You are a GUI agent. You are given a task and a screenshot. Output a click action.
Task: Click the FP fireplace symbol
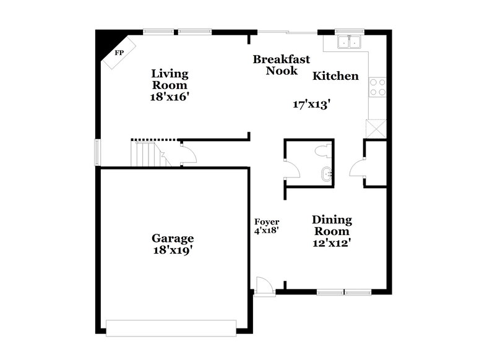pos(116,53)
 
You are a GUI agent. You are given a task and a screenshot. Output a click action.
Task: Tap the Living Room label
pos(170,79)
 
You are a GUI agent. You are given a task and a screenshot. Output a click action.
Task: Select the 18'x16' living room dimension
pos(170,97)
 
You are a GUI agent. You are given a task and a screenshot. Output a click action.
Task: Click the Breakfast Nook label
pos(282,65)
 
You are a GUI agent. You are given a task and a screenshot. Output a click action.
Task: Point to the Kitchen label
pos(335,76)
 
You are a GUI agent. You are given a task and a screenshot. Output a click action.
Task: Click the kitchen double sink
pos(350,42)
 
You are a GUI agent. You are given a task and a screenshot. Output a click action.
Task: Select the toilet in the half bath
pos(321,150)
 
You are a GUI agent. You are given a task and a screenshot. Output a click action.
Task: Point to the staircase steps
pos(146,153)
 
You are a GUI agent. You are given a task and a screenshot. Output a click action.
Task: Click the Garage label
pos(173,238)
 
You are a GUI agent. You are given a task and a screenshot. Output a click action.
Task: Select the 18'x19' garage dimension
pos(173,251)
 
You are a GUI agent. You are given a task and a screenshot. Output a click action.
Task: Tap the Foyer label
pos(267,221)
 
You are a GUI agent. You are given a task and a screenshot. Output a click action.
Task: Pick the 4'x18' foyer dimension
pos(267,230)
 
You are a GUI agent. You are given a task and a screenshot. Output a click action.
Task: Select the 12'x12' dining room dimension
pos(332,243)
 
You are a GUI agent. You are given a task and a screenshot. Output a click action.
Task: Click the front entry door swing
pos(262,285)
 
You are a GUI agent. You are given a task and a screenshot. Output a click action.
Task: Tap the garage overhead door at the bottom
pos(171,327)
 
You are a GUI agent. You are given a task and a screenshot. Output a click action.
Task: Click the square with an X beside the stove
pos(376,129)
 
